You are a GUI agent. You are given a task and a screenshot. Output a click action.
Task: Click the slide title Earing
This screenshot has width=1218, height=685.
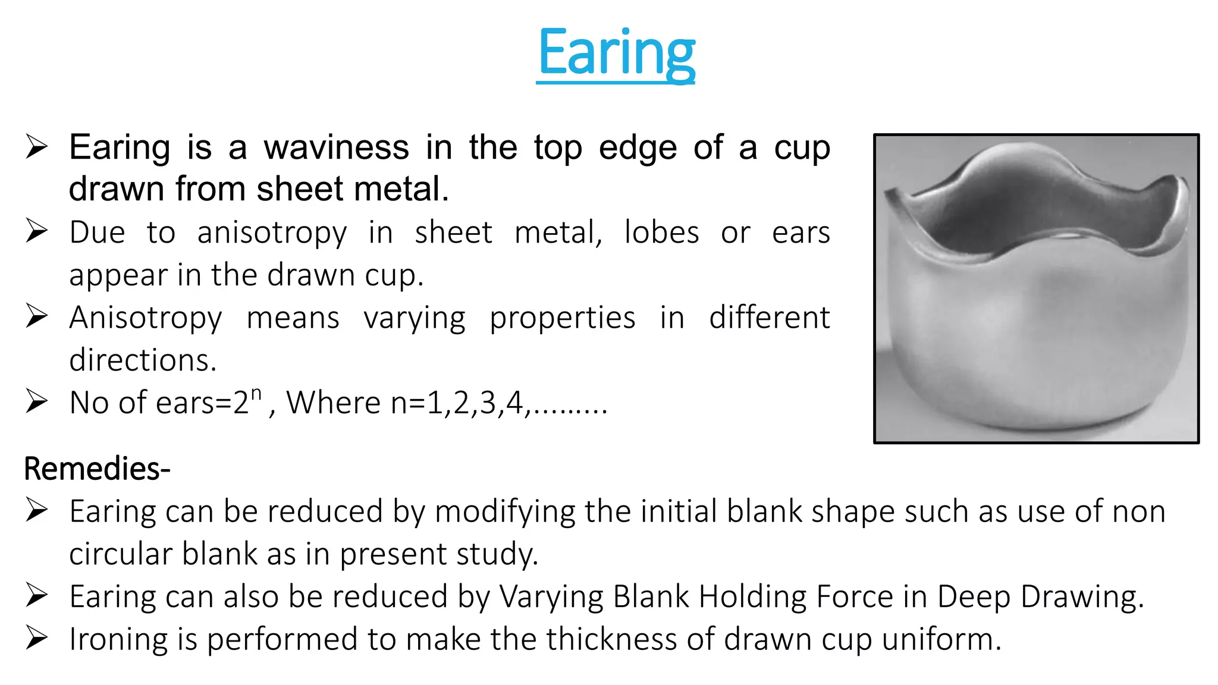tap(616, 54)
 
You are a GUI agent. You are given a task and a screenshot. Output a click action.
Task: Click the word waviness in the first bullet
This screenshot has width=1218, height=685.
tap(336, 147)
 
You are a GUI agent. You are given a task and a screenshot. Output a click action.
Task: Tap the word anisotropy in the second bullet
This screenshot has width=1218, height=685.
tap(272, 232)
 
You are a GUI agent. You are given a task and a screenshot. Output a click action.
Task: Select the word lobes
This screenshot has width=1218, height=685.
tap(661, 232)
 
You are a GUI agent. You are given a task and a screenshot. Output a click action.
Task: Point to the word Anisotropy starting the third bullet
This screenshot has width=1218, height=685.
tap(146, 318)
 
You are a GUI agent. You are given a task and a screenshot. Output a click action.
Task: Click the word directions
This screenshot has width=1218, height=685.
tap(143, 360)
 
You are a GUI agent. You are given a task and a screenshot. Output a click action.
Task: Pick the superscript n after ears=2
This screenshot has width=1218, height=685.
tap(256, 394)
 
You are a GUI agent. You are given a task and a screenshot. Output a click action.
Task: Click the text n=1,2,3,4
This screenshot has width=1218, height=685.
tap(458, 403)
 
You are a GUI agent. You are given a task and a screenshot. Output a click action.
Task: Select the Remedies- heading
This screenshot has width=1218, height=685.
tap(97, 469)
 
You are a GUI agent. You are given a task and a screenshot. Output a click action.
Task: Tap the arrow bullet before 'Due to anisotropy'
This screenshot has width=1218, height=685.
tap(36, 231)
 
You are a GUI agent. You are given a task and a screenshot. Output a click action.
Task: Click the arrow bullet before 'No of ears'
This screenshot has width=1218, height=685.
tap(36, 402)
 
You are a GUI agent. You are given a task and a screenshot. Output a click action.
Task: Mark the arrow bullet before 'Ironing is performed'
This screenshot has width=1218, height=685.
tap(36, 639)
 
